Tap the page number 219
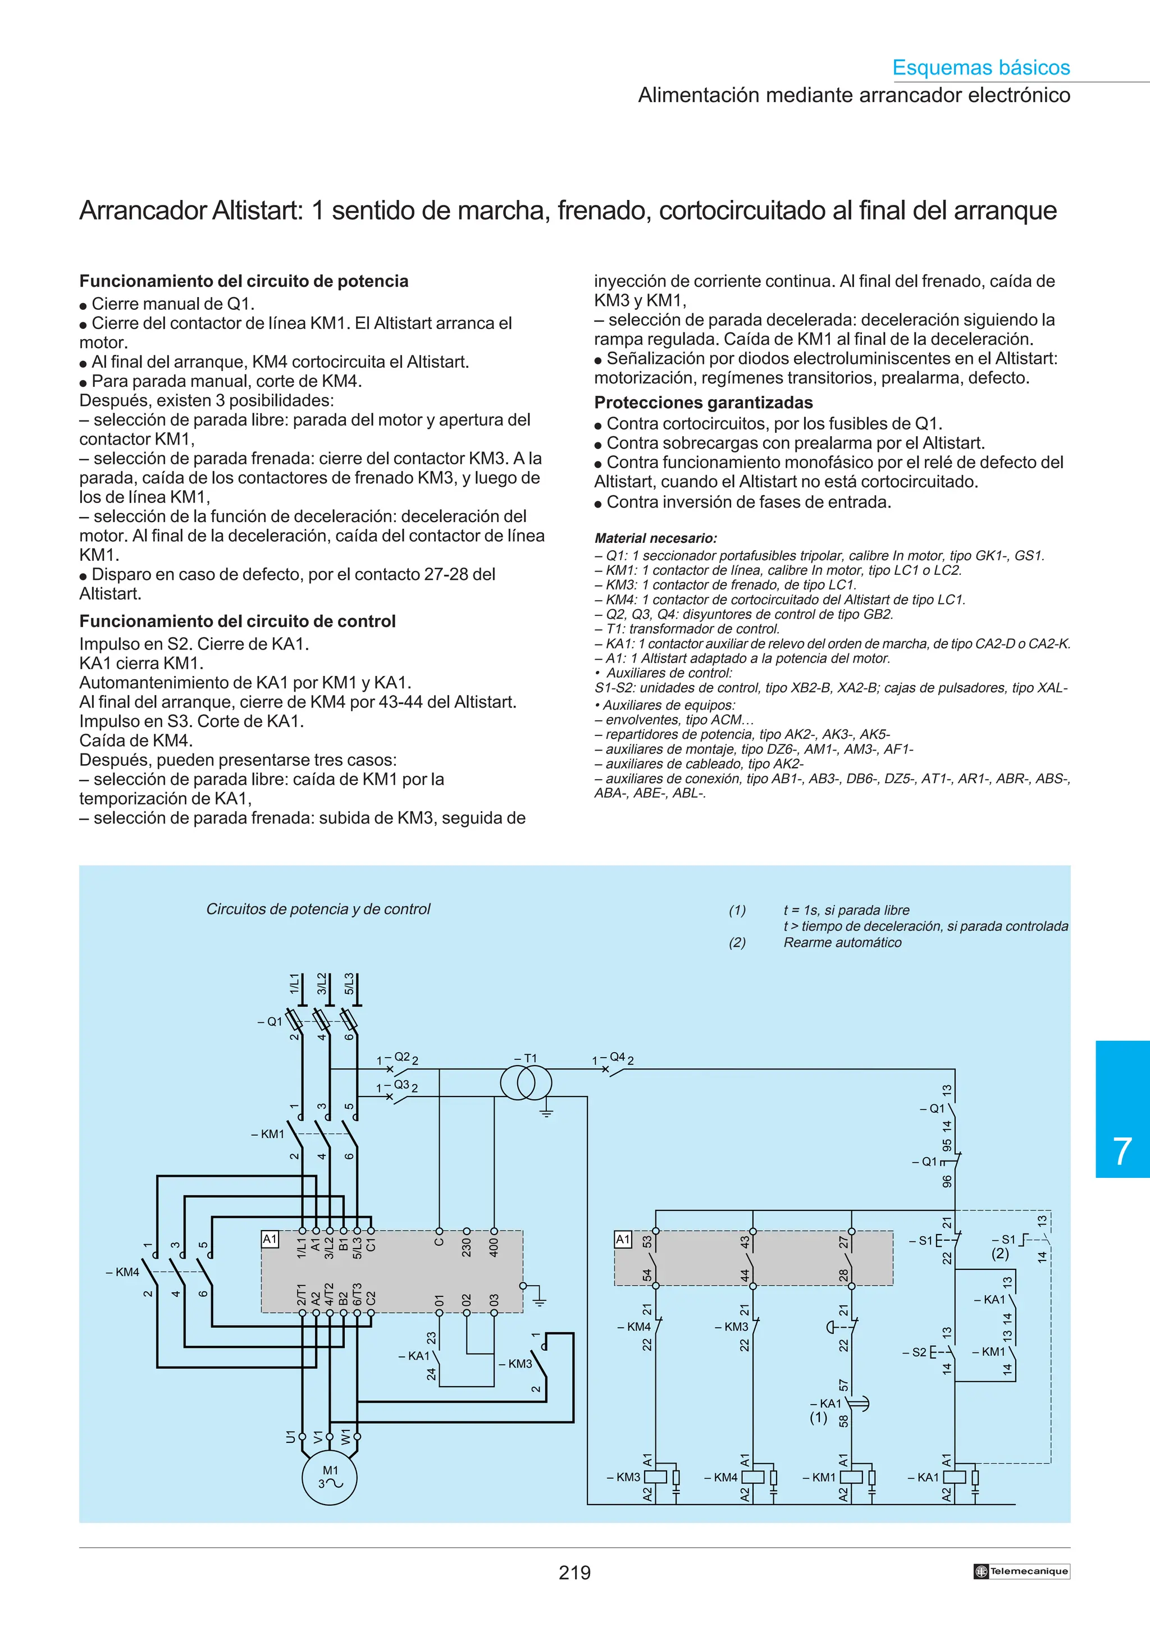point(574,1573)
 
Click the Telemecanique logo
point(1021,1571)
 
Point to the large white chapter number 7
point(1122,1151)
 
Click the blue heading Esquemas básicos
point(980,67)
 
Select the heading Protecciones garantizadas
point(704,403)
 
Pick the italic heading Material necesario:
point(655,538)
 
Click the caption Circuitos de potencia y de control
point(318,909)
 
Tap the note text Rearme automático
point(842,943)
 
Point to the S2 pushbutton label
point(918,1352)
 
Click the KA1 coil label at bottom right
point(927,1478)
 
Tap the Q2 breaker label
point(401,1057)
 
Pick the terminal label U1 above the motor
point(290,1436)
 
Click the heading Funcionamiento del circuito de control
point(238,621)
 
